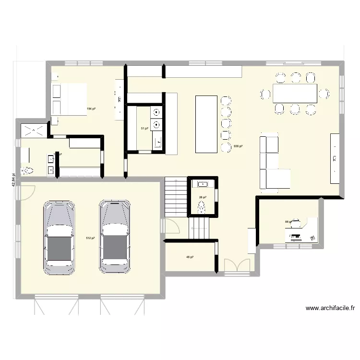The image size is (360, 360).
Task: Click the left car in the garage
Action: pos(59,237)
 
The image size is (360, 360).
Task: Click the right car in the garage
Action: pos(115,237)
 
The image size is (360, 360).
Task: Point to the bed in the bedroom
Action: pos(69,99)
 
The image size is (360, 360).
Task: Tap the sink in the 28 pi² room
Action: pos(203,183)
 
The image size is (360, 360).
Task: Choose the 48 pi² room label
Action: pos(190,257)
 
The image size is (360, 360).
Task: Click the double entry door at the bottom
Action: pos(237,265)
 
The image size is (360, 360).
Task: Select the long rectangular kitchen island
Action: pos(207,123)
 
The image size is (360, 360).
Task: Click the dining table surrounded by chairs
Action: pos(295,93)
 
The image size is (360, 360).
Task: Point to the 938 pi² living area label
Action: pos(238,146)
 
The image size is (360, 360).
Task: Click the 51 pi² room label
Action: pos(144,129)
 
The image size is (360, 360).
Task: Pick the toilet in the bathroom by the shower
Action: pos(28,170)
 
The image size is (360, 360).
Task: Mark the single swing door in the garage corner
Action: pos(27,192)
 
